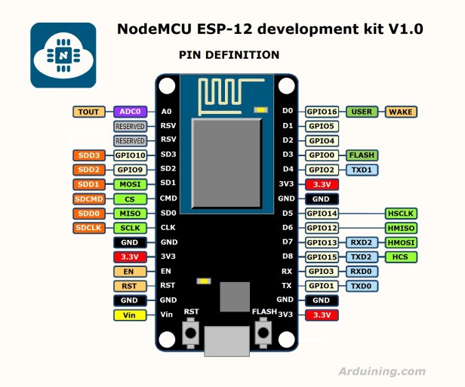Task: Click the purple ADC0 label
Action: (130, 112)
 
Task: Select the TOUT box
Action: (88, 112)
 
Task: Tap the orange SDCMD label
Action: (88, 198)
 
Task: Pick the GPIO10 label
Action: (130, 155)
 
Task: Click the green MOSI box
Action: (130, 184)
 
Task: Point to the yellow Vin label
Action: (130, 315)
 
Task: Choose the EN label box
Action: (130, 271)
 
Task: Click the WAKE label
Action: (401, 112)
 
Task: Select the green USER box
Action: (362, 112)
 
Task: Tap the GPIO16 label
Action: (322, 112)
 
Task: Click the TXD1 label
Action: (362, 170)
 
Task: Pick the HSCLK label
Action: (401, 213)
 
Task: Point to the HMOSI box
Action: (401, 242)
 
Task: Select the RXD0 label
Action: (362, 271)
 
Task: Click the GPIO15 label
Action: (322, 256)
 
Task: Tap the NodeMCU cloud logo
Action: (63, 55)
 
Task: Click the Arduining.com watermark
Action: (381, 370)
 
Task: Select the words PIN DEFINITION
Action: (229, 55)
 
